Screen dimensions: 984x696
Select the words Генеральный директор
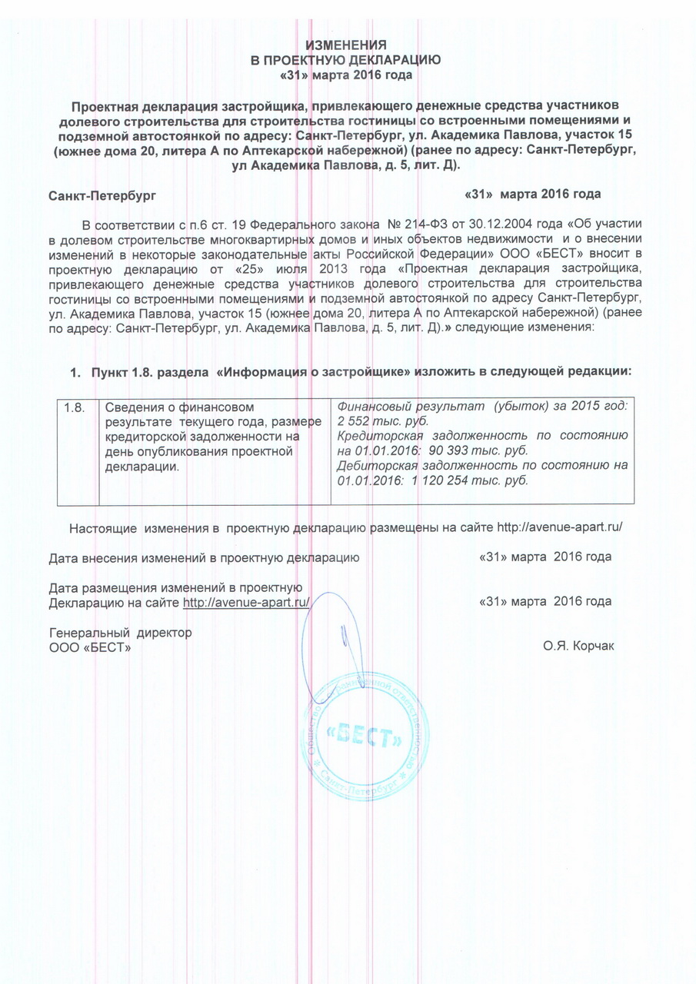pyautogui.click(x=120, y=632)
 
